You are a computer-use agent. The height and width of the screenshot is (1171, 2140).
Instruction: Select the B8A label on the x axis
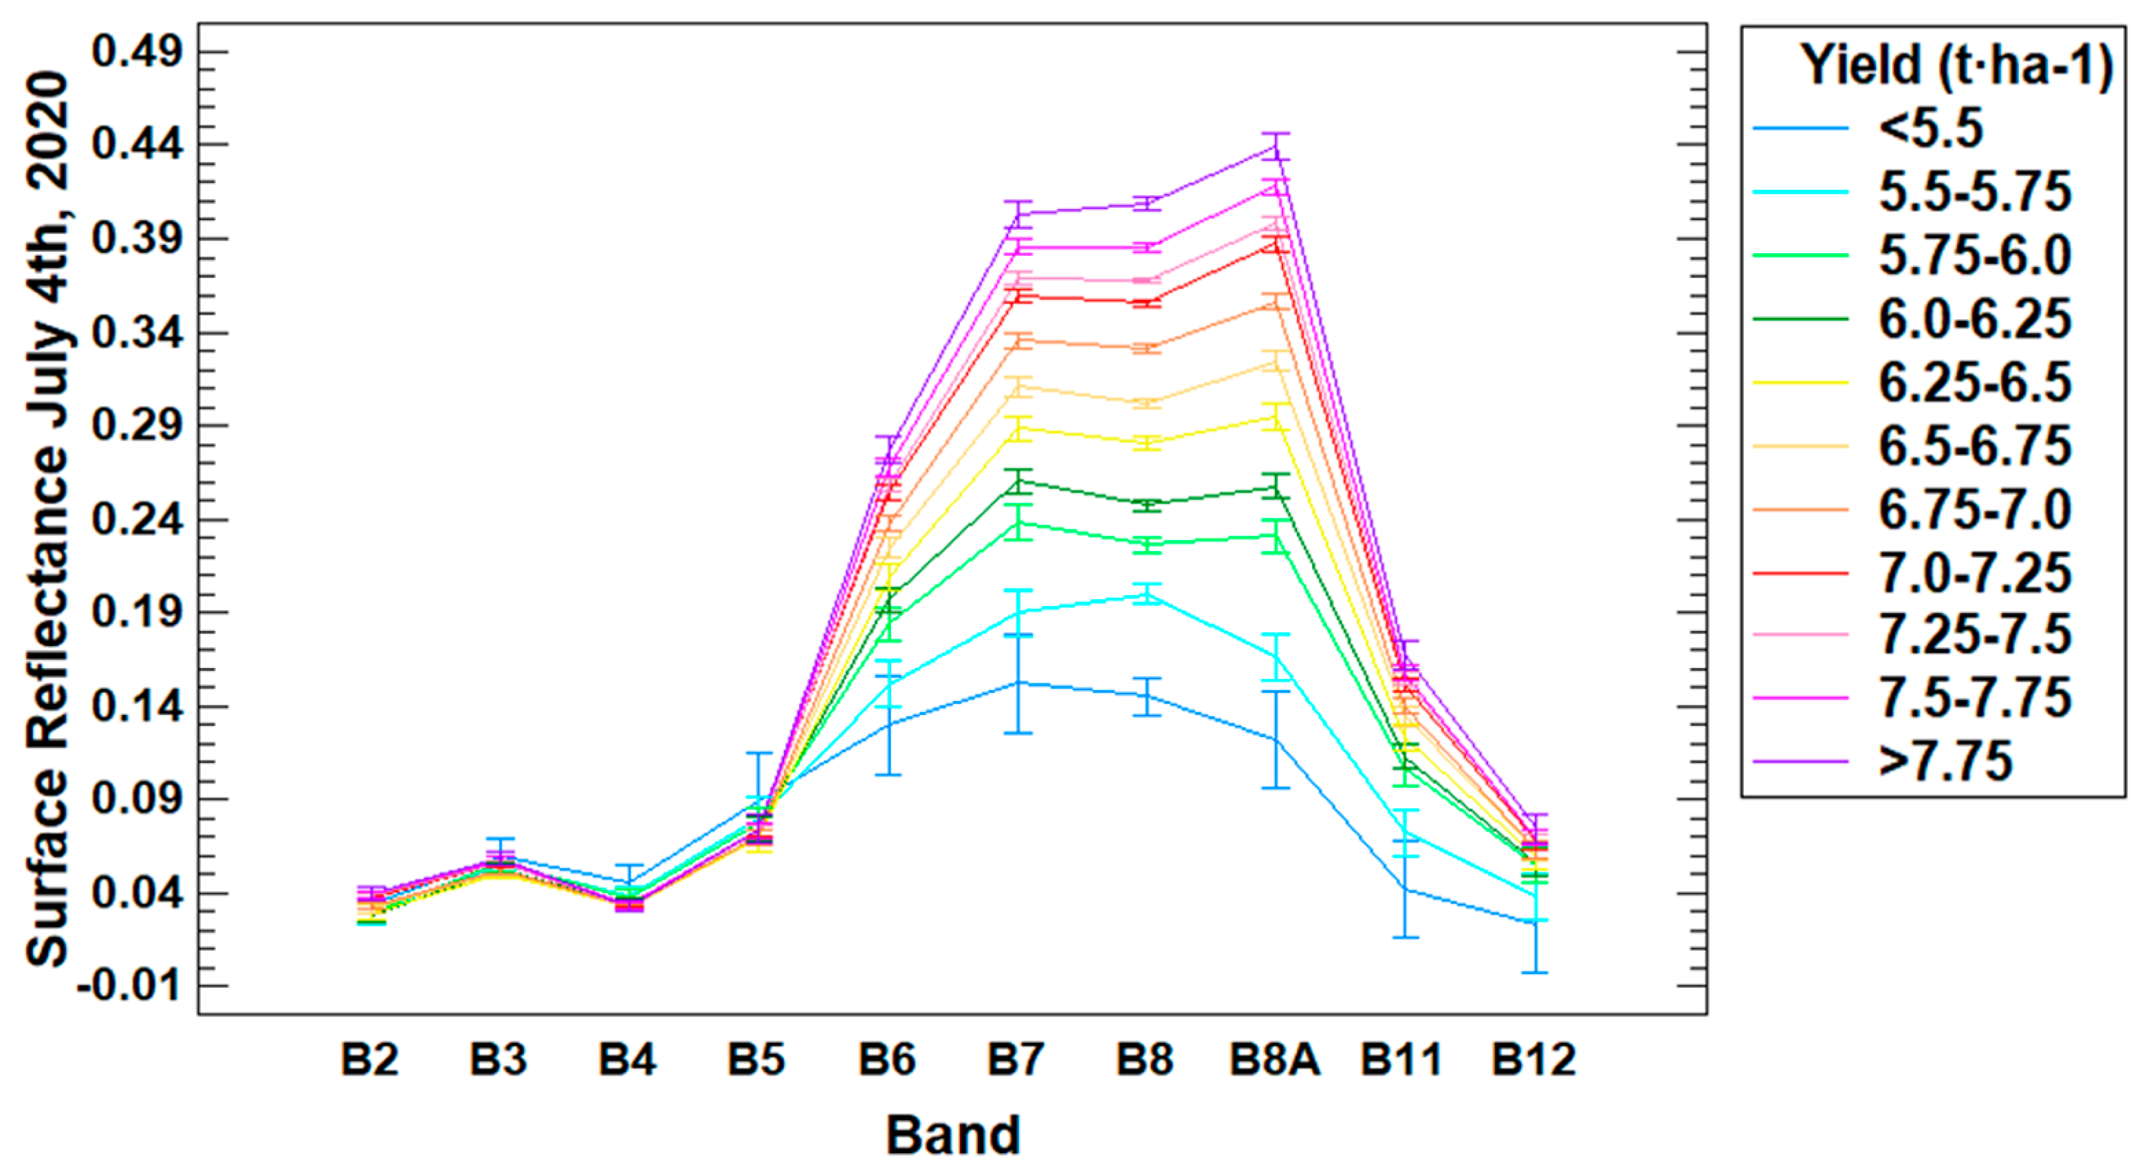[1275, 1060]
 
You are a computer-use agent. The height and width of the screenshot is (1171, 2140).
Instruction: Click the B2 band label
[370, 1060]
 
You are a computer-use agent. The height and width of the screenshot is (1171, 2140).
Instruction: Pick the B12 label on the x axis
[1533, 1060]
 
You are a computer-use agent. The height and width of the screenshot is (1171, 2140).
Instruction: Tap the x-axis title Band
[953, 1135]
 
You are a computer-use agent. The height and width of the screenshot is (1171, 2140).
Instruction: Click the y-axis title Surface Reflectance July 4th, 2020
[47, 519]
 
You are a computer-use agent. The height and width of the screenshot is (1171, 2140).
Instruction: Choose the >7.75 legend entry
[1945, 760]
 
